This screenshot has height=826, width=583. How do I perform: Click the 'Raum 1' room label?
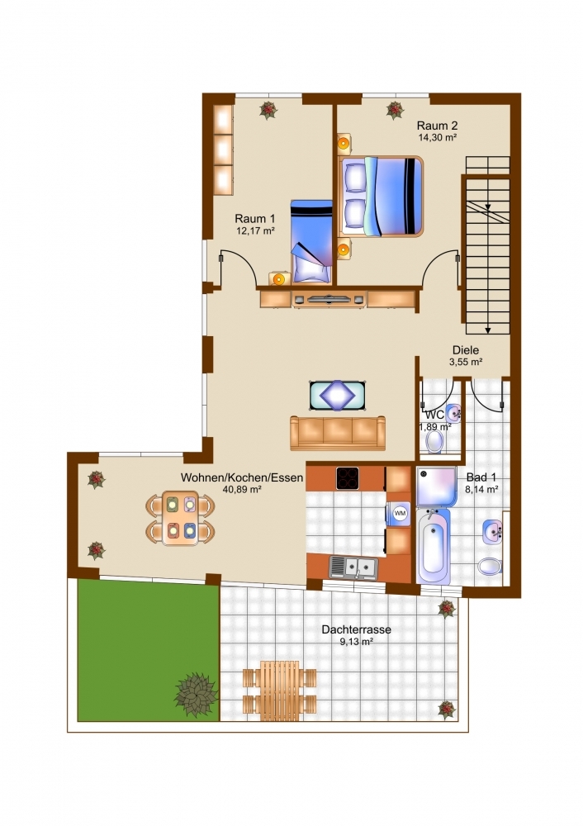point(255,218)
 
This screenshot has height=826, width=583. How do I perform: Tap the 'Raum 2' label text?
point(437,126)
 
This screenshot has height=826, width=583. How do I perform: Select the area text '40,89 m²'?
point(242,489)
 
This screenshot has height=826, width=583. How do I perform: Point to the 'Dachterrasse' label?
point(357,629)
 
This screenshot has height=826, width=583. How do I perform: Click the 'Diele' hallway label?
point(466,349)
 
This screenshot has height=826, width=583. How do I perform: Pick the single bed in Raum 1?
point(311,241)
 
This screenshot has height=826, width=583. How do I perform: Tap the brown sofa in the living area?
point(338,433)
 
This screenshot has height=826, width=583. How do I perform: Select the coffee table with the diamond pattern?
point(338,396)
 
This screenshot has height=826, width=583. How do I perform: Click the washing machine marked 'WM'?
point(400,513)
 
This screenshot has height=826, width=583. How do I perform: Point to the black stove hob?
point(348,478)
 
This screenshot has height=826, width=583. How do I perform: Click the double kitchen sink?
point(353,567)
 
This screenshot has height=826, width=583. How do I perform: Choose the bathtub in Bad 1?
point(434,546)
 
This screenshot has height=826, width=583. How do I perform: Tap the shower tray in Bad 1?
point(436,487)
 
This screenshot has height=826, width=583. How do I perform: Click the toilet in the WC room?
point(434,442)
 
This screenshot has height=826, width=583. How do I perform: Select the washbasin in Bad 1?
point(492,531)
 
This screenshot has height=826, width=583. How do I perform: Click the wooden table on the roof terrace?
point(280,687)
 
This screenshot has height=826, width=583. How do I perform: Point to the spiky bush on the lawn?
point(196,695)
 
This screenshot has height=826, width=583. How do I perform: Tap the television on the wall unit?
point(329,299)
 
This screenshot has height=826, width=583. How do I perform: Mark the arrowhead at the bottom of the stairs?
point(488,330)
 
